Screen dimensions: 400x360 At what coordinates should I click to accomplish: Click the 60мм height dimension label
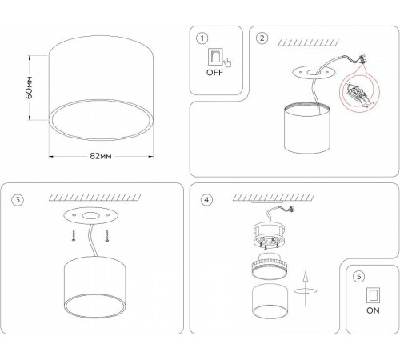coord(29,87)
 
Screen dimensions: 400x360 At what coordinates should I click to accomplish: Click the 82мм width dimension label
coord(101,156)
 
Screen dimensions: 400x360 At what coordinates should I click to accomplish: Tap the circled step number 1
coord(202,38)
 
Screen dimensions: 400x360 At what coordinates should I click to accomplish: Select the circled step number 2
coord(262,38)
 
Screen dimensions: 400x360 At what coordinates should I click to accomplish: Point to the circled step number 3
coord(18,200)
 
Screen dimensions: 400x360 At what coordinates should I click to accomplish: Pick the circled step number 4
coord(206,200)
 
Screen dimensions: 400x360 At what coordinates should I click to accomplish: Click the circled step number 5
coord(358,277)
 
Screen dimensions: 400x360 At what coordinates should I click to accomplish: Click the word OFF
coord(214,73)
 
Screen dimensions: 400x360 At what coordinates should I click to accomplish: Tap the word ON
coord(373,310)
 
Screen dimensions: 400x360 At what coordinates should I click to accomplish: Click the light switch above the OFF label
coord(215,56)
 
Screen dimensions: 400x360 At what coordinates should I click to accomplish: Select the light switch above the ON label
coord(373,295)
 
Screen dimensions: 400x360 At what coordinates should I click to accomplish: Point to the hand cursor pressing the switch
coord(227,62)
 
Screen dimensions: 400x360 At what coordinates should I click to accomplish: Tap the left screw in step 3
coord(74,235)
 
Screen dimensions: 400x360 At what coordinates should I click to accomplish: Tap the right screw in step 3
coord(107,236)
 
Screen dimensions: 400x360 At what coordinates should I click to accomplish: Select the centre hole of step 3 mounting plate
coord(90,216)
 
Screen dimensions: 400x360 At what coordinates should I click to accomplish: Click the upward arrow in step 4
coord(306,289)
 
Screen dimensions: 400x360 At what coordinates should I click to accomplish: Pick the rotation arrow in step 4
coord(306,290)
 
